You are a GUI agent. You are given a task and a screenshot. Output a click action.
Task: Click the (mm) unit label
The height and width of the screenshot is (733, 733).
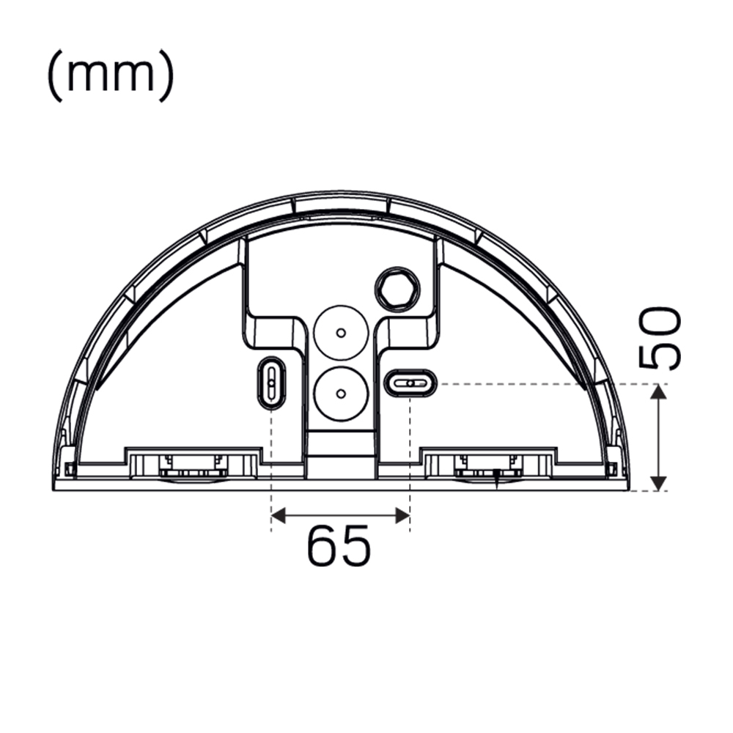110,75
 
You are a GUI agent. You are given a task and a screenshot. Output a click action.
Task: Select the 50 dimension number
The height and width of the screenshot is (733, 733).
660,339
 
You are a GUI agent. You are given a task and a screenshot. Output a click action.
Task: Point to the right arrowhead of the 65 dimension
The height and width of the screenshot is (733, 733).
402,516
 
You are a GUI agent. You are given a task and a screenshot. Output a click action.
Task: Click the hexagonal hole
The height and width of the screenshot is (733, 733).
397,288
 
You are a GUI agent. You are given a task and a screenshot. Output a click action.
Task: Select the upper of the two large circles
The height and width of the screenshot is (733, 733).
339,333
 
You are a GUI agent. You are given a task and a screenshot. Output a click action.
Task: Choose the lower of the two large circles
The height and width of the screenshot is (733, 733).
339,393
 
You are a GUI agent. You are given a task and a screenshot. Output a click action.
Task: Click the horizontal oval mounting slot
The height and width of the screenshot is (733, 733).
410,383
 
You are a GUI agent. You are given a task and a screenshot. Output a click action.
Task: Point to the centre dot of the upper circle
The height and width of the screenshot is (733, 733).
340,333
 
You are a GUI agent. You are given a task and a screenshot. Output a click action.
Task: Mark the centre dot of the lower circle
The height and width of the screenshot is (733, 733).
340,393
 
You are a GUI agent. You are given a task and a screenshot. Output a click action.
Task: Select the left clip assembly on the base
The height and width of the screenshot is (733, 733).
194,465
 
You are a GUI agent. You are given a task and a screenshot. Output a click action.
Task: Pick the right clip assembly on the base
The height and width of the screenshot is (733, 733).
487,465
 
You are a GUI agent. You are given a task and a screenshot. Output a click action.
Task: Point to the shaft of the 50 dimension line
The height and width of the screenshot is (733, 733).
659,438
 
